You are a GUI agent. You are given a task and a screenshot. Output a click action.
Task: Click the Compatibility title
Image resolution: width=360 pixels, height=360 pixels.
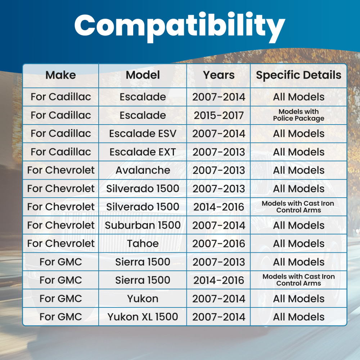[180, 27]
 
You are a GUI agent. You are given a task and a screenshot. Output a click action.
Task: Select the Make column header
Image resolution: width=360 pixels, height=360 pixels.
[60, 75]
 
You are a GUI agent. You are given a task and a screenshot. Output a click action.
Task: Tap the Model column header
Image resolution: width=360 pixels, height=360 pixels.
[143, 75]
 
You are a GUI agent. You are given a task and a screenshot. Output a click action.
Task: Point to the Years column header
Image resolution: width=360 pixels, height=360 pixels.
[219, 75]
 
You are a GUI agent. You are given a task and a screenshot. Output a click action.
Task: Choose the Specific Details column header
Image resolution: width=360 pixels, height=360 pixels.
[298, 75]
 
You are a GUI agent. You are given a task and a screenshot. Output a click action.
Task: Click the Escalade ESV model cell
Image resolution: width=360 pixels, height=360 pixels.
[143, 134]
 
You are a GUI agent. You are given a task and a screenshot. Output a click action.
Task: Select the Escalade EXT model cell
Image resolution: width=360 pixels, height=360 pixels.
[143, 152]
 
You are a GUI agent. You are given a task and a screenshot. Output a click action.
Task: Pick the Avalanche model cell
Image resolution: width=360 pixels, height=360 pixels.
[143, 170]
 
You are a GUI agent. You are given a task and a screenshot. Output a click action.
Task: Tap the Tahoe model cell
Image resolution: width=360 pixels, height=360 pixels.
[143, 243]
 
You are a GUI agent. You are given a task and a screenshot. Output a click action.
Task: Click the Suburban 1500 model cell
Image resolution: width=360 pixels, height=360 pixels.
[143, 225]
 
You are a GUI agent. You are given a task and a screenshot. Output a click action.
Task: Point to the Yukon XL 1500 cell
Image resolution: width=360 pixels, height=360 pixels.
[143, 316]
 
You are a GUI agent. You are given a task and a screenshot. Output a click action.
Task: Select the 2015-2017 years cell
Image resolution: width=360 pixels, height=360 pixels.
[219, 115]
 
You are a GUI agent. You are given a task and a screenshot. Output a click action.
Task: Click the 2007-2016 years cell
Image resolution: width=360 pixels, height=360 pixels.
[219, 243]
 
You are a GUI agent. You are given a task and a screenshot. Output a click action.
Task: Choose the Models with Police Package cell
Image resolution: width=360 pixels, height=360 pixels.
[298, 115]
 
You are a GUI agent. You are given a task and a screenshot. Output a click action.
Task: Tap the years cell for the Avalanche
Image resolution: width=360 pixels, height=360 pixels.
[219, 170]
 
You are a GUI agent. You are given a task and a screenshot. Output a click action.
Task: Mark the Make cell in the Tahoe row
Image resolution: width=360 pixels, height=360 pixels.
[60, 243]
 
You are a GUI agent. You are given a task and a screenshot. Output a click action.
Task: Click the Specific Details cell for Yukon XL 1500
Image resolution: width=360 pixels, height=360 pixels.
[298, 317]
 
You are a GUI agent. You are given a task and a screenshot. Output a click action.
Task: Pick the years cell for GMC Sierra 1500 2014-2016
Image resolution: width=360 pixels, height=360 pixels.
[219, 280]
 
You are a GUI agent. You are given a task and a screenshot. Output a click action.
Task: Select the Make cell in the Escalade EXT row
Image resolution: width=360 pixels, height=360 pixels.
[60, 152]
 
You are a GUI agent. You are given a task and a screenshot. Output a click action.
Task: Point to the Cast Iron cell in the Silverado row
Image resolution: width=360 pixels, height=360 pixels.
[298, 207]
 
